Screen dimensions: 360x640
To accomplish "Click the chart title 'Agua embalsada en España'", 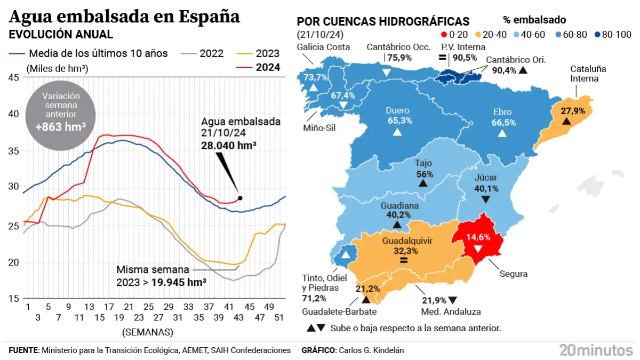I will [124, 17].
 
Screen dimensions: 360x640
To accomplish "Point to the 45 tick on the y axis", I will [14, 78].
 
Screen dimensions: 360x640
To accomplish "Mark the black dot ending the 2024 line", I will [240, 198].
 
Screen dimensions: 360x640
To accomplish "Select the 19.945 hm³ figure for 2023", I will [179, 282].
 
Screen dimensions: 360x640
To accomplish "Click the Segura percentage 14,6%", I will [477, 237].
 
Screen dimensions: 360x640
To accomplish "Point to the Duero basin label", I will [397, 111].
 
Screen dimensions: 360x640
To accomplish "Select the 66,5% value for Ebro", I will [502, 122].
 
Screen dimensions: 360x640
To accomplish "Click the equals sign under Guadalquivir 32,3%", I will [404, 261].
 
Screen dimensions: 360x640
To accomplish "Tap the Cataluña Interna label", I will [588, 74].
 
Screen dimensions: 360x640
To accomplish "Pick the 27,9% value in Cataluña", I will [573, 111].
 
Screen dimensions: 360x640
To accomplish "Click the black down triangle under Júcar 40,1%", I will [486, 199].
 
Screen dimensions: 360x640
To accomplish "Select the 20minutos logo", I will [596, 350].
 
